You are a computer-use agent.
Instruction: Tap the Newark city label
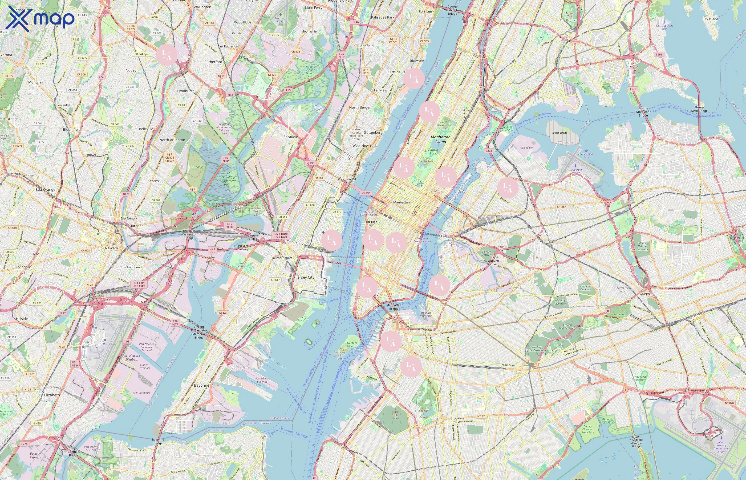click(111, 248)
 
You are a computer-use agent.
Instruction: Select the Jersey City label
click(305, 277)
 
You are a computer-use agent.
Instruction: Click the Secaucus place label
click(291, 137)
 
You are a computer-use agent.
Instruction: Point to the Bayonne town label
click(201, 385)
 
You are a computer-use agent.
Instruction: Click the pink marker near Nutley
click(167, 55)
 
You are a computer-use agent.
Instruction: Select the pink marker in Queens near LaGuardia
click(508, 187)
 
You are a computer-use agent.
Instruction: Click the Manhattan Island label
click(441, 139)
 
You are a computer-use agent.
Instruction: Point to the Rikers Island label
click(560, 133)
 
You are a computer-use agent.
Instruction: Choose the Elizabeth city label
click(52, 395)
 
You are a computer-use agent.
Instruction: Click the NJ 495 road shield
click(310, 163)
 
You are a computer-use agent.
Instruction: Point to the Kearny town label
click(153, 181)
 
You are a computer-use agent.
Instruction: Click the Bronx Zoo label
click(569, 15)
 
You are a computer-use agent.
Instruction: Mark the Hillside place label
click(22, 319)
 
